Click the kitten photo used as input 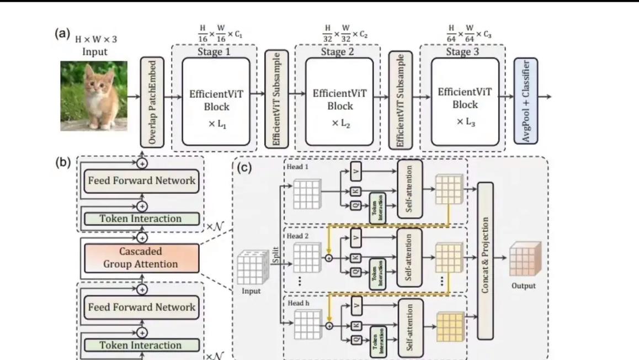94,96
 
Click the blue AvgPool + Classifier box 525,102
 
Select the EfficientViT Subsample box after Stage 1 276,99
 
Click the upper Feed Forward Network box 142,181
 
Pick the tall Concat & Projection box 485,261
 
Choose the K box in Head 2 356,258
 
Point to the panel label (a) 62,33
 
